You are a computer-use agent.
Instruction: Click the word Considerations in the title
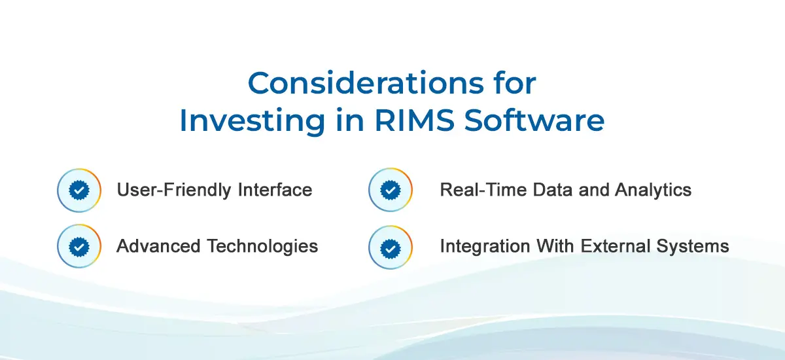point(366,83)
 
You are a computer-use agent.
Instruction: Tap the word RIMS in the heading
point(415,120)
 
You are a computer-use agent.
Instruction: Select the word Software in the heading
point(534,120)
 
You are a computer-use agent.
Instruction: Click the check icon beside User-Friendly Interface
point(79,190)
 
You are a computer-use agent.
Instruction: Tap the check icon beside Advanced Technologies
point(79,246)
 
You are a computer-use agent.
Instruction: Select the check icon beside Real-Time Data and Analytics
point(391,190)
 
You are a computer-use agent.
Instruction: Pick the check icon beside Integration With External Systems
point(391,247)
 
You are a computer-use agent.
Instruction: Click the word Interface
point(275,190)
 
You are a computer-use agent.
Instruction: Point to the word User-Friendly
point(174,190)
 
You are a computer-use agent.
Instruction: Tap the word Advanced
point(158,245)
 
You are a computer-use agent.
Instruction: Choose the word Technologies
point(262,246)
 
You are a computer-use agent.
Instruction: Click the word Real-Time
point(483,190)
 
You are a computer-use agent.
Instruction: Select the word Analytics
point(653,190)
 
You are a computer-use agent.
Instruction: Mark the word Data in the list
point(553,190)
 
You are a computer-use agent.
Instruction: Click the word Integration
point(485,246)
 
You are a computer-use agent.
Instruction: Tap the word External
point(616,245)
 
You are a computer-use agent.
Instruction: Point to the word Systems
point(693,246)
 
